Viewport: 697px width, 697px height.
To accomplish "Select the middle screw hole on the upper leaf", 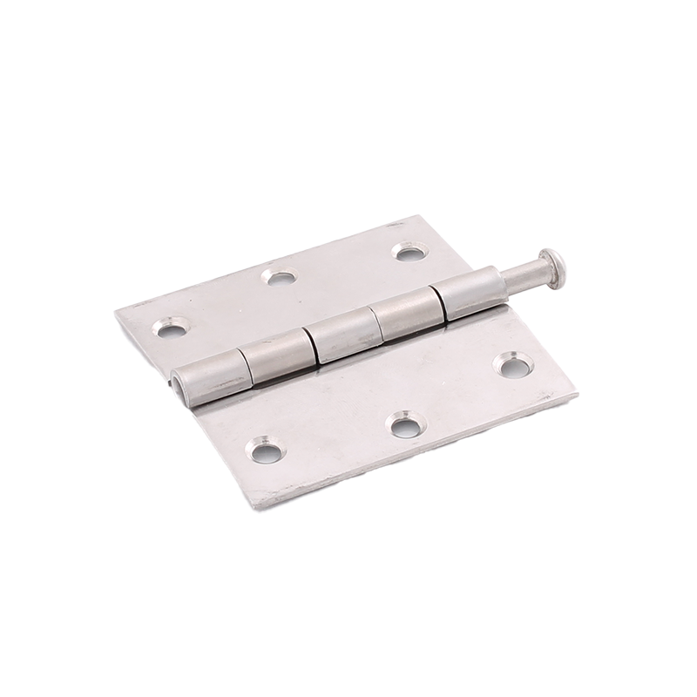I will click(x=278, y=277).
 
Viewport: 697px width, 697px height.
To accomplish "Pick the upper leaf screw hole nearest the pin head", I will click(x=406, y=252).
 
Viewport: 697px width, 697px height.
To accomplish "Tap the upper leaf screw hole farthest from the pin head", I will click(x=165, y=328).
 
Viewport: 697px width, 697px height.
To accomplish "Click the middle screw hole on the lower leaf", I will click(x=403, y=426).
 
